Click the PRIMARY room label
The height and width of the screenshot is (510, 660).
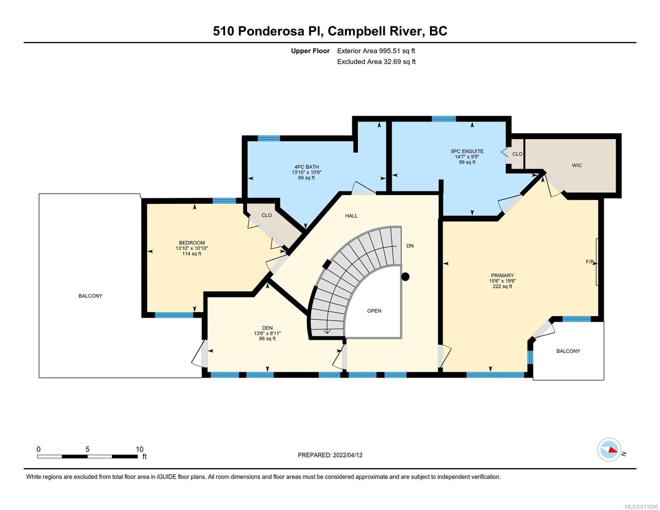[x=502, y=275]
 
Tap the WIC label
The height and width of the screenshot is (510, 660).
[x=577, y=165]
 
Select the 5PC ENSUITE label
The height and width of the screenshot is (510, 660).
[x=467, y=151]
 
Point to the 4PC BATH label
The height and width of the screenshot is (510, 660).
[x=306, y=167]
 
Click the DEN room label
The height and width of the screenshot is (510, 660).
[x=267, y=328]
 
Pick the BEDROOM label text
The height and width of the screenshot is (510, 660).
[x=192, y=243]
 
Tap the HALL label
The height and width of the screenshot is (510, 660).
[x=351, y=215]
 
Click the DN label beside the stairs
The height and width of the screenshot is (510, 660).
[x=410, y=246]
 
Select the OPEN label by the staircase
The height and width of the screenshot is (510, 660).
[x=374, y=311]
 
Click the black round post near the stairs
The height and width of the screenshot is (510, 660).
[x=405, y=277]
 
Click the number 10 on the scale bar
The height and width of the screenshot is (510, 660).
[x=139, y=449]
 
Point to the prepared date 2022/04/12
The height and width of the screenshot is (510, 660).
[x=348, y=455]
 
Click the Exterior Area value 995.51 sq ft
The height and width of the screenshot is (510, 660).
[x=397, y=51]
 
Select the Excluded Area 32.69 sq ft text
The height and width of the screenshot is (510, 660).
[x=376, y=62]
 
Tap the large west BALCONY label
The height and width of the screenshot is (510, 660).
[x=90, y=296]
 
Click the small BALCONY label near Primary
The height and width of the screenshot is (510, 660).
[x=568, y=351]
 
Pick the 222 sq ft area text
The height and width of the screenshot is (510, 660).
[x=502, y=286]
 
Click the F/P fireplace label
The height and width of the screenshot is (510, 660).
[x=589, y=261]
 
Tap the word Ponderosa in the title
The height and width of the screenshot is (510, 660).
[x=271, y=31]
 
